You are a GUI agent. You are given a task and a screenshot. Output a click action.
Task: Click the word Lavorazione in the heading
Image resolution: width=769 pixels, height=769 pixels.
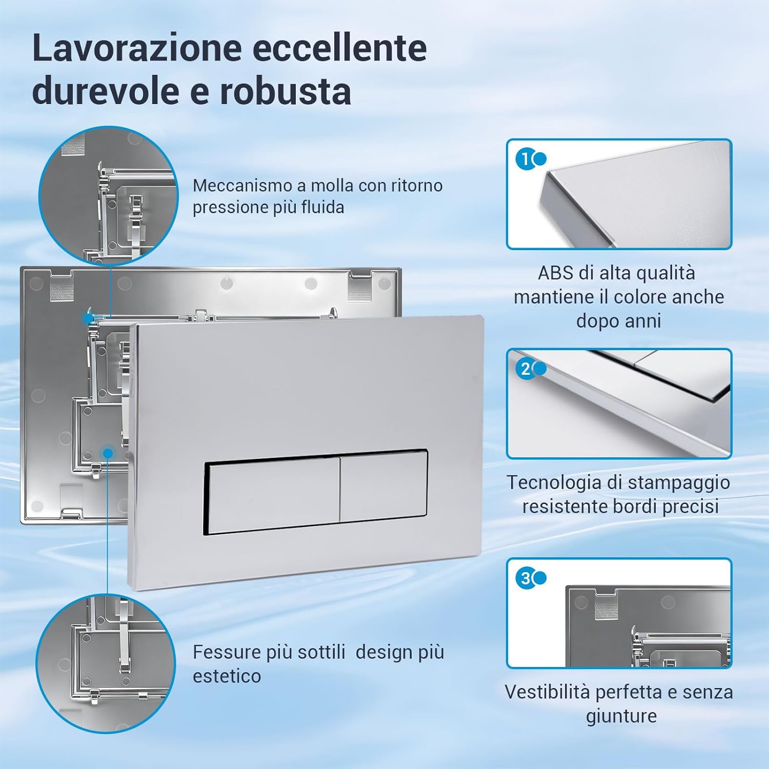pos(137,48)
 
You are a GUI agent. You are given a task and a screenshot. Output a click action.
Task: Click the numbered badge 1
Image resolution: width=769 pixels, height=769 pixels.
pos(525,159)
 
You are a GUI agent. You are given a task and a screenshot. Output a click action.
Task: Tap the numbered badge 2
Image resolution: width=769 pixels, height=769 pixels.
pos(525,369)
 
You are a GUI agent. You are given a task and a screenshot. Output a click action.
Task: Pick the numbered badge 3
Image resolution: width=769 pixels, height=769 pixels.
pos(525,578)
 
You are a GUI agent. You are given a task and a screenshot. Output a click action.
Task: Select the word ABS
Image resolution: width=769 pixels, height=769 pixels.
pos(555,273)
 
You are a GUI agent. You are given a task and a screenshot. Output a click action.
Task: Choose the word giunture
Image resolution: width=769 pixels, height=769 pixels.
pos(621,716)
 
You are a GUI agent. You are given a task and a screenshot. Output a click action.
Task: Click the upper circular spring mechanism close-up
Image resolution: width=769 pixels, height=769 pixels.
pos(108,195)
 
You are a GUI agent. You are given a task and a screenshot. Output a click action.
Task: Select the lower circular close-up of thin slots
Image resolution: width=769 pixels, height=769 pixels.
pos(106,663)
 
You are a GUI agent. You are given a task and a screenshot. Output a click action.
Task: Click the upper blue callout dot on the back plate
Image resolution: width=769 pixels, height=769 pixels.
pos(89,318)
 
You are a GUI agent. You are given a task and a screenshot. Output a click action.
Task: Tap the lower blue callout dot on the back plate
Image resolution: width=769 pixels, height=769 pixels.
pos(108,453)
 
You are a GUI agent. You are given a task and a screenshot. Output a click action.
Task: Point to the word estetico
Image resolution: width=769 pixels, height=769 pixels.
pos(227,676)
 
